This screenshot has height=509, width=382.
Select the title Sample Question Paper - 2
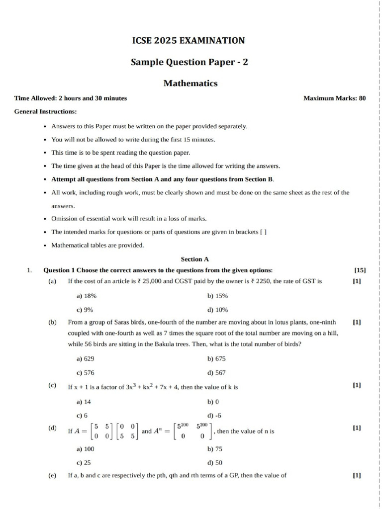[x=189, y=62]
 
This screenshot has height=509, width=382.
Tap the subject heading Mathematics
[x=191, y=84]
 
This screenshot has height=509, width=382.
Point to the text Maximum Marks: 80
[x=334, y=98]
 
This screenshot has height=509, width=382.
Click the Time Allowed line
[x=71, y=98]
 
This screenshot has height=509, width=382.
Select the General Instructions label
[x=45, y=111]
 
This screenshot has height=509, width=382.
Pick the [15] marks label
[x=360, y=270]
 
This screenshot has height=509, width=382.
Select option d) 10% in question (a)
[x=217, y=310]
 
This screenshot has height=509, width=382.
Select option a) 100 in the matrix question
[x=85, y=449]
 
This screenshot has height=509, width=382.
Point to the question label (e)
[x=52, y=475]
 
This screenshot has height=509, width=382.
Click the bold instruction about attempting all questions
[x=163, y=179]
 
